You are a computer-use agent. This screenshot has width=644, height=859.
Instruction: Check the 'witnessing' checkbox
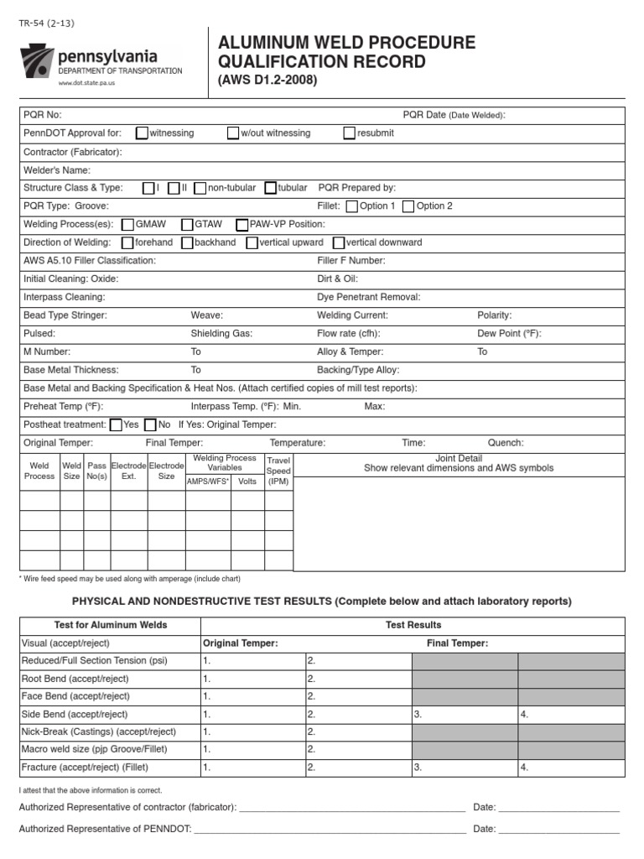click(142, 133)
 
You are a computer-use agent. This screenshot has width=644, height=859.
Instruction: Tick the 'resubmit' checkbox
click(350, 133)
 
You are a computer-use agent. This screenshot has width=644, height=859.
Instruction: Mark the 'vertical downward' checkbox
click(339, 243)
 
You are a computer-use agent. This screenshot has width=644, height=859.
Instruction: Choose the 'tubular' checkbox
click(271, 188)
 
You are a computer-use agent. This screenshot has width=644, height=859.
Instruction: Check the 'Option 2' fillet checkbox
click(408, 206)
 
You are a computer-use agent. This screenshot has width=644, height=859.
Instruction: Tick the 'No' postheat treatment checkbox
click(151, 425)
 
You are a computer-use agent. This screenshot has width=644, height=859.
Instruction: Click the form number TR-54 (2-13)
click(46, 23)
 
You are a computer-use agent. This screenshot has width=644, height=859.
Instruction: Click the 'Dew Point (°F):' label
click(509, 334)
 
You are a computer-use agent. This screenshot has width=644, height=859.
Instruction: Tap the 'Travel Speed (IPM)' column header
click(278, 471)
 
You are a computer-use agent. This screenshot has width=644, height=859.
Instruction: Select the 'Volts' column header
click(247, 482)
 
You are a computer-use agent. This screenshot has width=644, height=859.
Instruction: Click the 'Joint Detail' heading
click(459, 458)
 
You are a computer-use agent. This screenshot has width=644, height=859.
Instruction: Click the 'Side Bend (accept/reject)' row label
click(75, 715)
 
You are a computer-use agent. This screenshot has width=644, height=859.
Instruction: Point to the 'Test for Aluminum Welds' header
click(110, 625)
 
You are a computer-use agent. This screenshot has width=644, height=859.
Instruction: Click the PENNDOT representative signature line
click(330, 829)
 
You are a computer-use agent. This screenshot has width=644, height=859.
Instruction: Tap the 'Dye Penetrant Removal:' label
click(369, 297)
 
